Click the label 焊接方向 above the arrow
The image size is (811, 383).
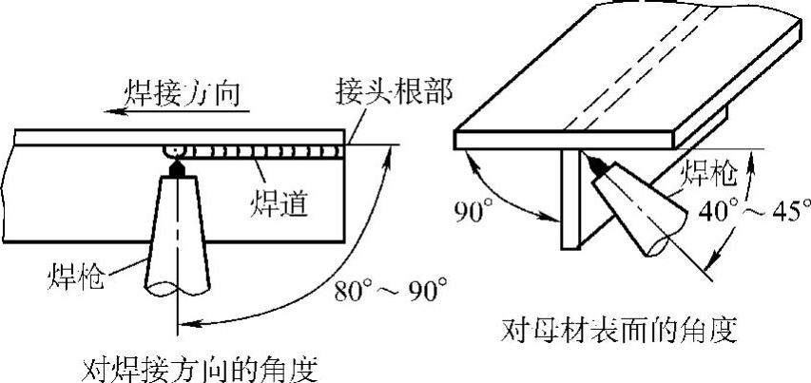(183, 93)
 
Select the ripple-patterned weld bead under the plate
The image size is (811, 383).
(257, 150)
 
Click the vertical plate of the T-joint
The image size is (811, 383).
(570, 200)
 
